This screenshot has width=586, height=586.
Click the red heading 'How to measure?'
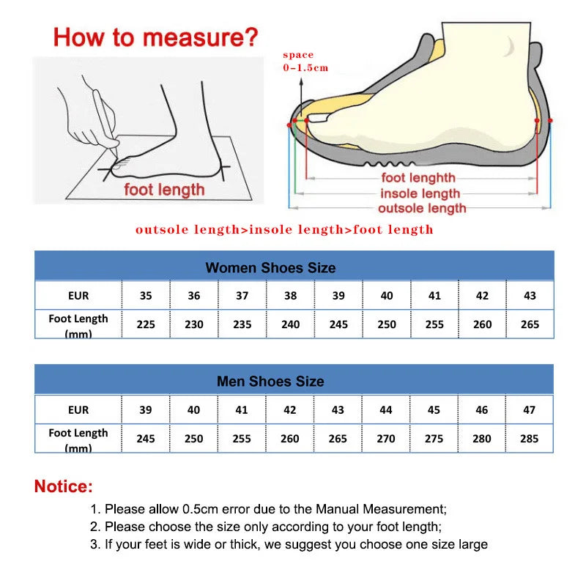click(155, 37)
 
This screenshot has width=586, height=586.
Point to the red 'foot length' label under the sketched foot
click(164, 190)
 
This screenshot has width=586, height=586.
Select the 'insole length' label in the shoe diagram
click(420, 193)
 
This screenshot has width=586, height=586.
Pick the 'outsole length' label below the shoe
click(421, 209)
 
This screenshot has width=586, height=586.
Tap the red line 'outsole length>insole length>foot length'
click(284, 230)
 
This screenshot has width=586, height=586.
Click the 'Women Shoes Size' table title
click(270, 267)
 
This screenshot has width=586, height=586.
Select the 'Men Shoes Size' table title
click(270, 382)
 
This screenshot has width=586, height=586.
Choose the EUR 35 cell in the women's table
click(146, 296)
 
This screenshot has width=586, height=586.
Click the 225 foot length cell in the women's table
click(146, 324)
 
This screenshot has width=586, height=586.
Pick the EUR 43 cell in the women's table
click(530, 296)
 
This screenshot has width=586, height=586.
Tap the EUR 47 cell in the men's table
click(529, 410)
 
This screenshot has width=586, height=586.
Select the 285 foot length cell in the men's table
click(529, 439)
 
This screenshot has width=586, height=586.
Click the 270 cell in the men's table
click(386, 439)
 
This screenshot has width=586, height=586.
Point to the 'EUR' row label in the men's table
click(78, 410)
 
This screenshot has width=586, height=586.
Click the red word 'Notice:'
click(64, 486)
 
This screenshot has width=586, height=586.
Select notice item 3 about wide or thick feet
click(289, 544)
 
